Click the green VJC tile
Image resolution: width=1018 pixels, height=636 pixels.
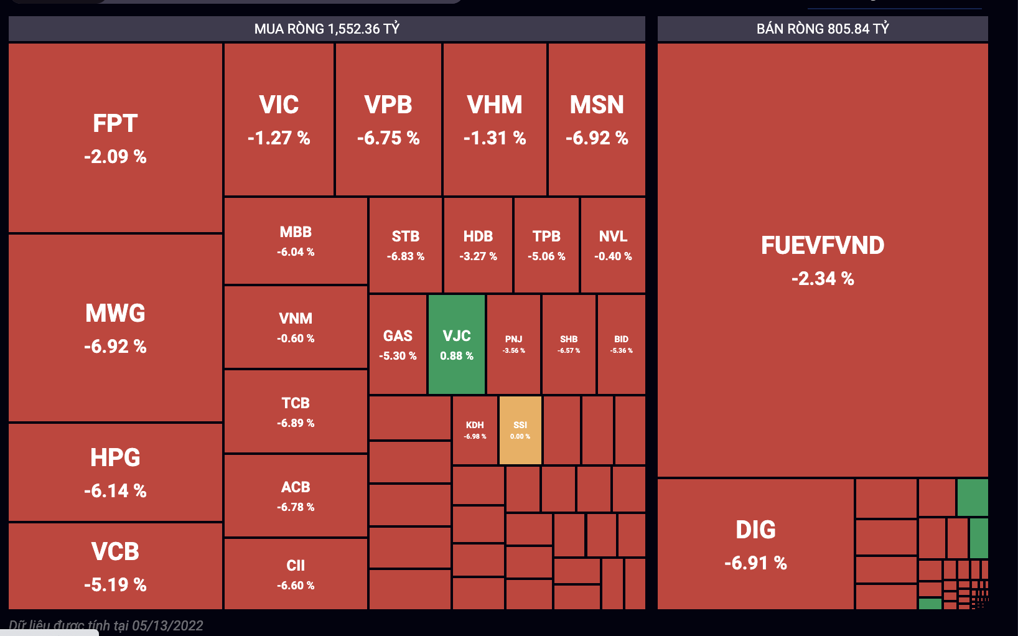tap(457, 344)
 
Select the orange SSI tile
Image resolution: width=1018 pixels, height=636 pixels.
tap(520, 430)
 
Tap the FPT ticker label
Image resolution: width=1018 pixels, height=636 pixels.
tap(115, 123)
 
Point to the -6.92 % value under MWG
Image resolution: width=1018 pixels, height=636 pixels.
tap(115, 346)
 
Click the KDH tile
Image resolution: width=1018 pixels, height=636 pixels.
tap(475, 430)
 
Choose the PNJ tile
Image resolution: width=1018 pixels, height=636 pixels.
tap(513, 344)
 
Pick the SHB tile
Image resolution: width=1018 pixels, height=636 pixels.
tap(569, 344)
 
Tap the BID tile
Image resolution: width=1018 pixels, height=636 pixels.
tap(621, 344)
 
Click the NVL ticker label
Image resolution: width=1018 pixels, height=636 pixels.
tap(613, 236)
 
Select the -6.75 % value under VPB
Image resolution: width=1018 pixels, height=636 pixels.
tap(388, 138)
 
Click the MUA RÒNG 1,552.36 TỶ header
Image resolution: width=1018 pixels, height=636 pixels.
tap(327, 29)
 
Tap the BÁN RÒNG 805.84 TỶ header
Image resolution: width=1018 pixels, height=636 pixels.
tap(823, 29)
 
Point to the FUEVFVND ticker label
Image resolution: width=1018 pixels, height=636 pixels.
tap(823, 245)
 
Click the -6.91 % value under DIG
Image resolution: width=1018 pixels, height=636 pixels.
tap(755, 563)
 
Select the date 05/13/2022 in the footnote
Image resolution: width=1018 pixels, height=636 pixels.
tap(167, 625)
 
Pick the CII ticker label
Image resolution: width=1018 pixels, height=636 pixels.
tap(296, 565)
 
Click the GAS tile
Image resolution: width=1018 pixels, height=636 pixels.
tap(398, 344)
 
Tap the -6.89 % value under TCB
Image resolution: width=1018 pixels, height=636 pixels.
tap(296, 423)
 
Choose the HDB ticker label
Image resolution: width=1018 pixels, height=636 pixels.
tap(478, 236)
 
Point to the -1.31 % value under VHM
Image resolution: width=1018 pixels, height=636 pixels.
tap(495, 138)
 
